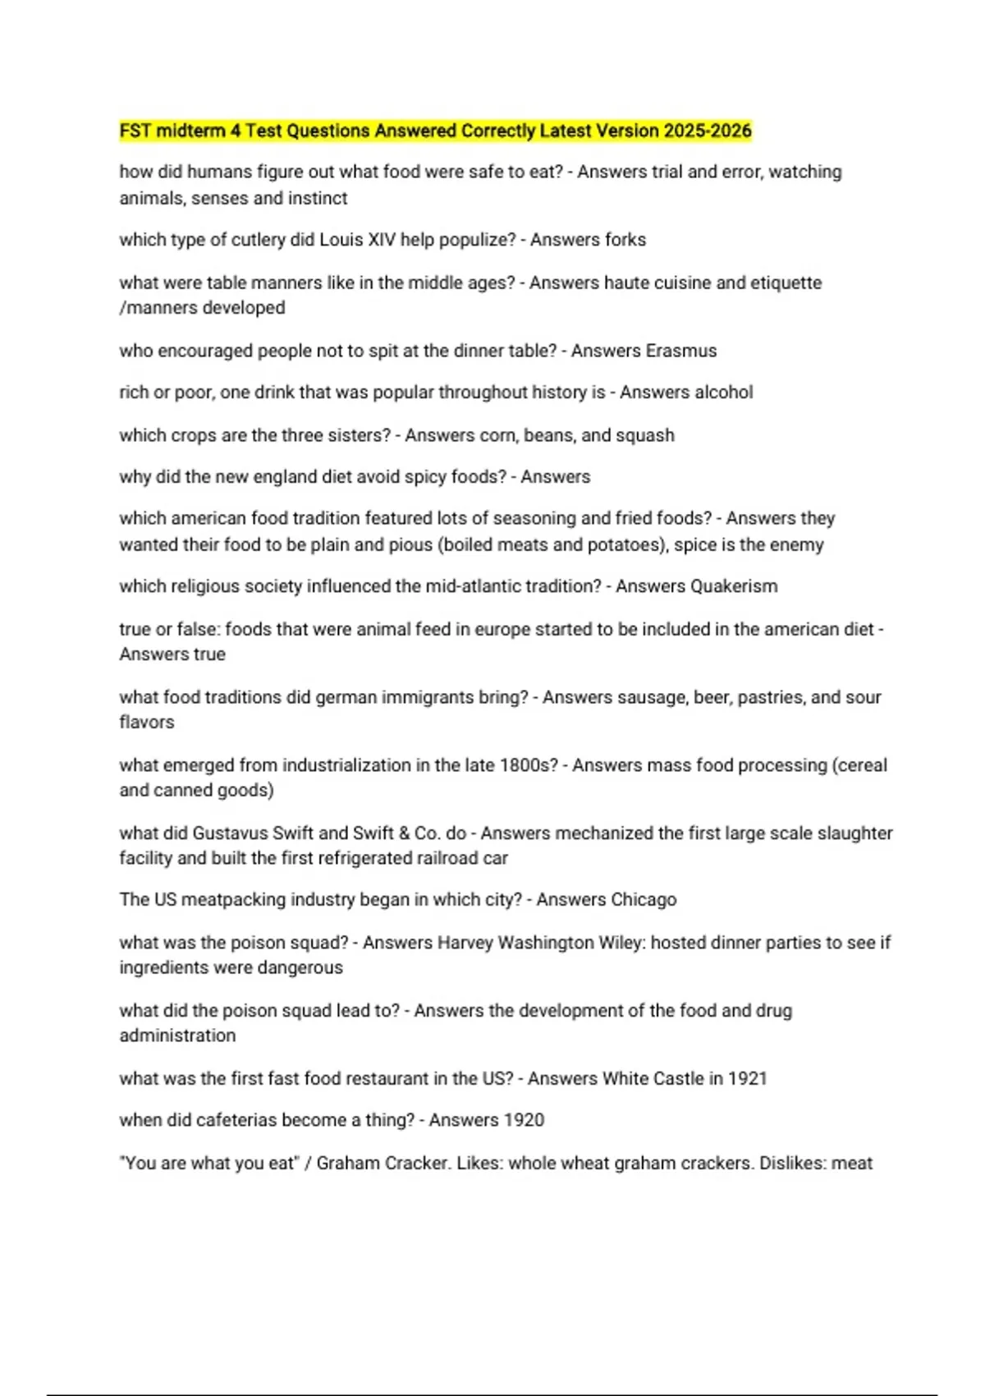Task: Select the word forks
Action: [x=624, y=240]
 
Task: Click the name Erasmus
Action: [x=680, y=351]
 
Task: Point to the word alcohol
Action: [x=722, y=393]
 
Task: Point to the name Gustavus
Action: [x=230, y=833]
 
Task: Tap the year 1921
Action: [x=747, y=1078]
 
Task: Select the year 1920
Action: [x=525, y=1120]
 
